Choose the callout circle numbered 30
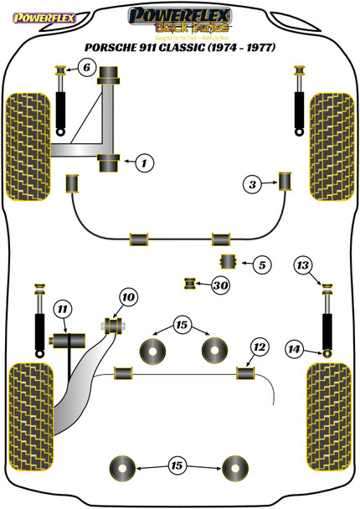tap(220, 286)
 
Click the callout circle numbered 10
tap(127, 297)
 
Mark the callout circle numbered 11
tap(61, 311)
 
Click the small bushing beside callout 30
tap(190, 285)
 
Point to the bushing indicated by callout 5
tap(226, 262)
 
